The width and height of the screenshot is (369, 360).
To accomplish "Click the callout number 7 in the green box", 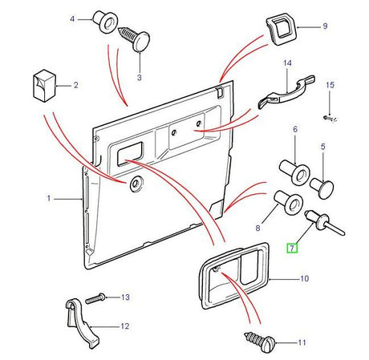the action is point(292,249).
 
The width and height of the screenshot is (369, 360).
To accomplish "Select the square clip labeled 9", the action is point(281,30).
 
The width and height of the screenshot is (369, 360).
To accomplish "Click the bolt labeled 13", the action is point(95,297).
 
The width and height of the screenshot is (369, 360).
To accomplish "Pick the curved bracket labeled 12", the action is point(82,322).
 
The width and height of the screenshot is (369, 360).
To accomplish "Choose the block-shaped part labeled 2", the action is point(44,86).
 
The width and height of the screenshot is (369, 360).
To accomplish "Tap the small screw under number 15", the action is point(330,118).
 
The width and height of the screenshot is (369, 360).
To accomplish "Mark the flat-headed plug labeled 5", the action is point(322,189).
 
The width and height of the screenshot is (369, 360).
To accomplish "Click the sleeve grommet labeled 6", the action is point(294,172).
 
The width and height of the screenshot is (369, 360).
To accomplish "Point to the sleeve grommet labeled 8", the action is point(288,202).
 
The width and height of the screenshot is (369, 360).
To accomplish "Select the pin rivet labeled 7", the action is point(324,223).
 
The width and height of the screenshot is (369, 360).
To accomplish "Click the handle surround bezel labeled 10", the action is point(234,275).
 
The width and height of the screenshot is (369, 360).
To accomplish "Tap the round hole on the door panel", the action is point(136,184).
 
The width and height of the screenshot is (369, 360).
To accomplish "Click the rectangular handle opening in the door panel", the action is point(130,154).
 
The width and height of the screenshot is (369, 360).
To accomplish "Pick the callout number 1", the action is point(49,198).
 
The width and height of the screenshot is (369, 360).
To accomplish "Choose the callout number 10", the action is point(305,278).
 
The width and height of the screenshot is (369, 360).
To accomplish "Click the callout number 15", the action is point(330,85).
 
